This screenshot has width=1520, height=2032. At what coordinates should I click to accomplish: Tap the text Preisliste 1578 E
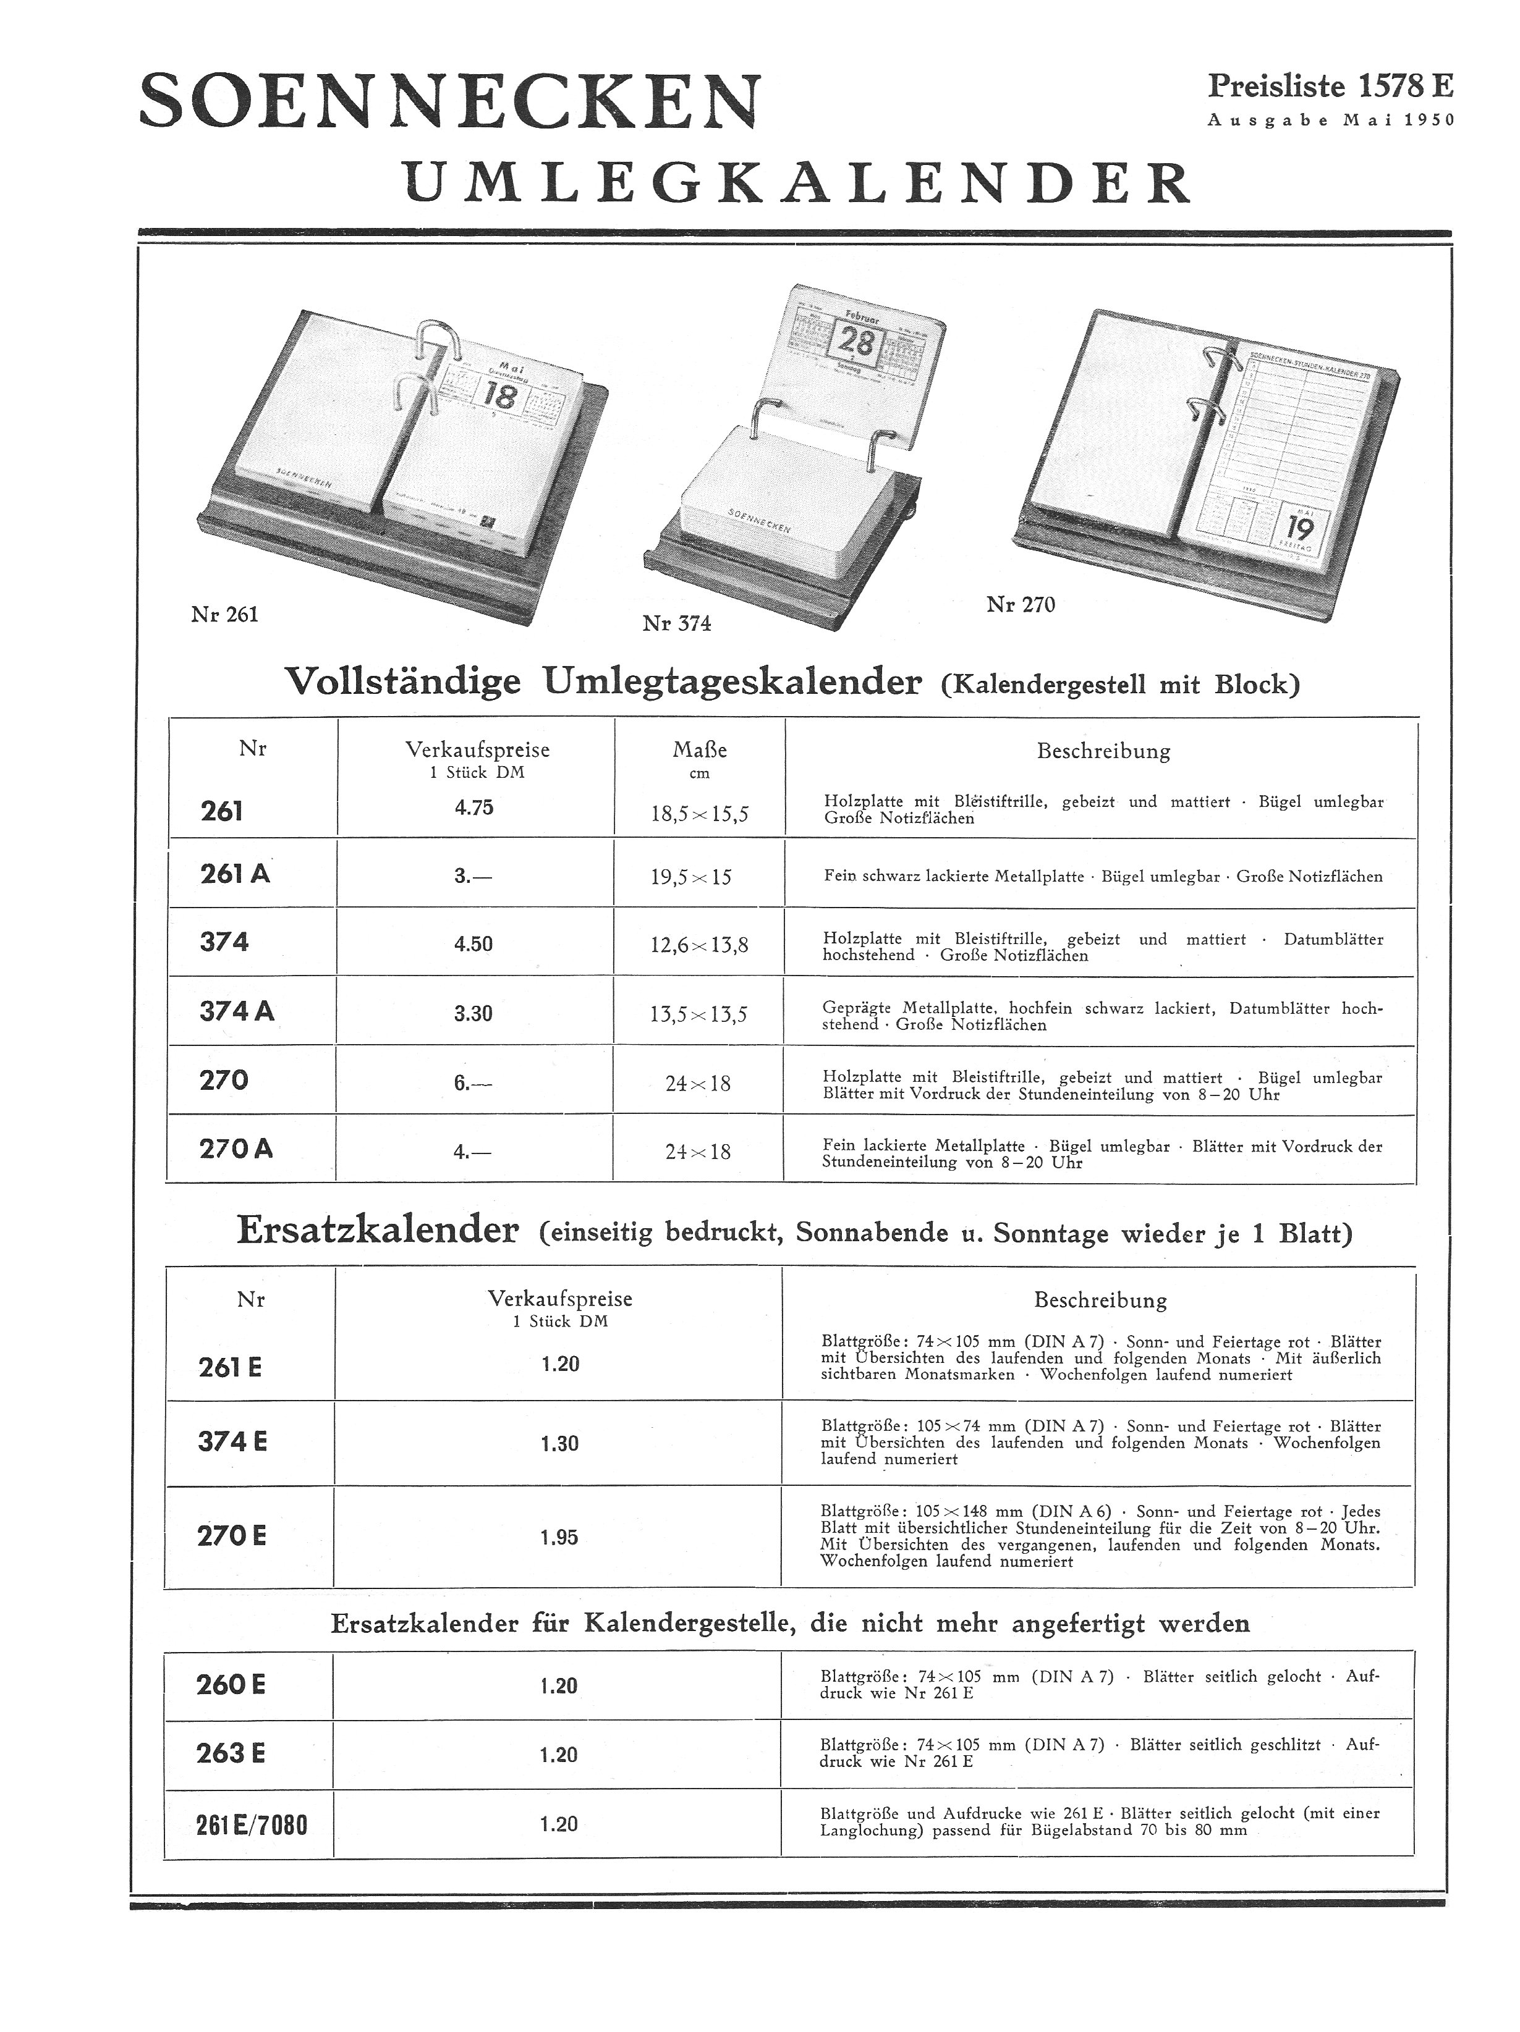tap(1329, 86)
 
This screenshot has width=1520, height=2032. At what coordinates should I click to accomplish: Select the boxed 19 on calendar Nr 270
tap(1299, 529)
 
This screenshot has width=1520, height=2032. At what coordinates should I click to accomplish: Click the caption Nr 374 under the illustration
tap(676, 624)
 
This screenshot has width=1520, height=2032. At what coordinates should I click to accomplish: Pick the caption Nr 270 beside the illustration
tap(1020, 604)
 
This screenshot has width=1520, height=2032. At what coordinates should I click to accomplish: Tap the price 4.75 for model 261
tap(473, 807)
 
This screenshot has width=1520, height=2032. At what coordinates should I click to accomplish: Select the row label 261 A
tap(236, 874)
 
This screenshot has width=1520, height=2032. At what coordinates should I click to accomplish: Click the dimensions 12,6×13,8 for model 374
tap(699, 945)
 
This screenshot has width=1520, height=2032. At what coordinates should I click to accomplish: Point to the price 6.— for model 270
tap(472, 1083)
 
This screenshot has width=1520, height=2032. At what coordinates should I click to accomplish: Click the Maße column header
tap(699, 749)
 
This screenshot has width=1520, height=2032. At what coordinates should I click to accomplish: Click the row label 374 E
tap(232, 1441)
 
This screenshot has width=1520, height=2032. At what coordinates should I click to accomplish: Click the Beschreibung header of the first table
tap(1103, 751)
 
